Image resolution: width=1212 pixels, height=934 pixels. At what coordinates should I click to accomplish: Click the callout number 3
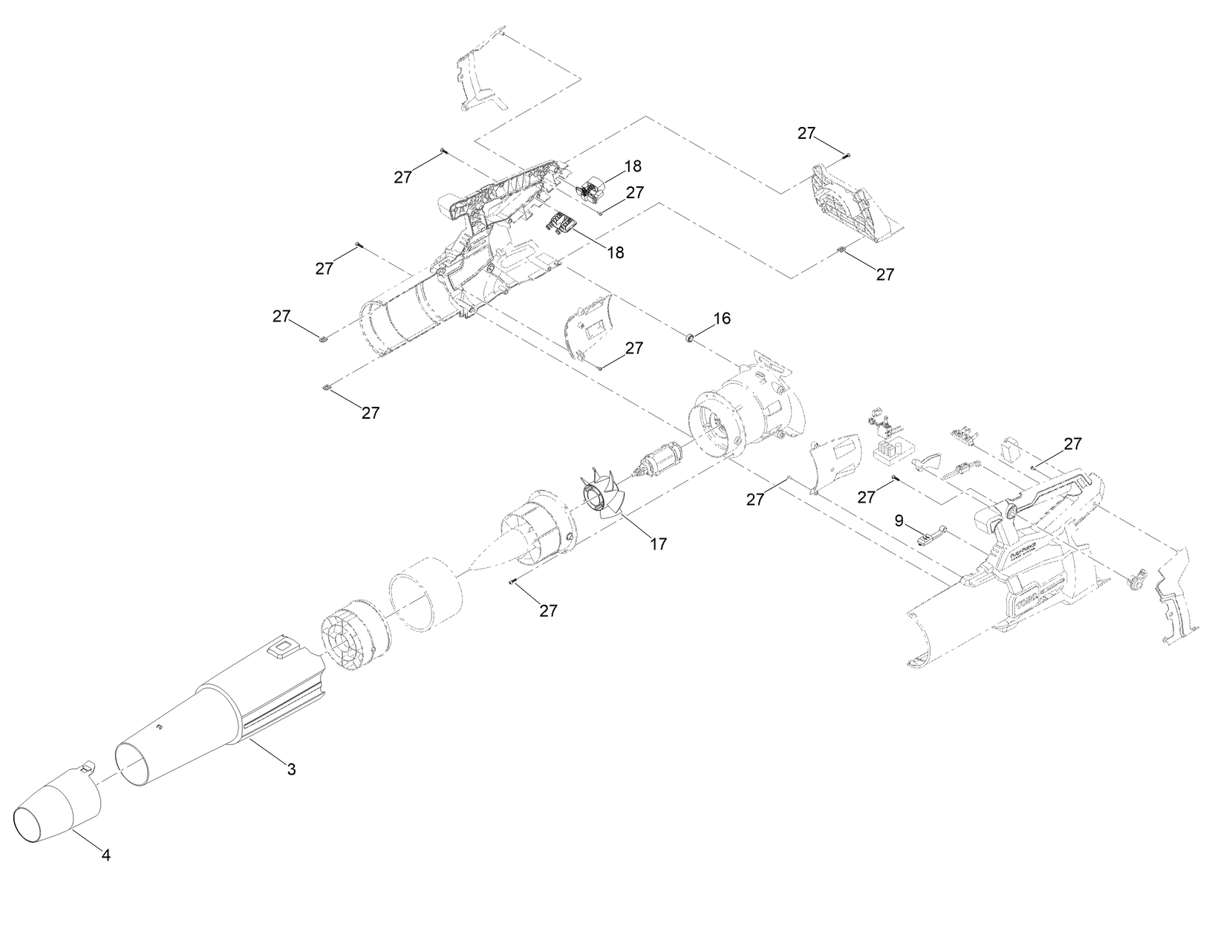292,770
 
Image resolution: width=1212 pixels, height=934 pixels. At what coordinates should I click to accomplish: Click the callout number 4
105,855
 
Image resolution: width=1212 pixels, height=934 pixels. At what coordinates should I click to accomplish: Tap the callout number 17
658,544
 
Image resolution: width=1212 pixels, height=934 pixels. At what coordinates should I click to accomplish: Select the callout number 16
722,319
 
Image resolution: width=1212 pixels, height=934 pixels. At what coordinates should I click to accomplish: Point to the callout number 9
899,520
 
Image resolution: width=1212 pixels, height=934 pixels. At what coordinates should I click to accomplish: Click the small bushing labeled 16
690,339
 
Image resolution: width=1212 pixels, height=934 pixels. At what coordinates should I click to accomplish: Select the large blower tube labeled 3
223,713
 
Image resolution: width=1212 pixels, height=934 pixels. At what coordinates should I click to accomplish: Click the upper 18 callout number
633,166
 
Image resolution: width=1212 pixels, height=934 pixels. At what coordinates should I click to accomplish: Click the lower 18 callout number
615,252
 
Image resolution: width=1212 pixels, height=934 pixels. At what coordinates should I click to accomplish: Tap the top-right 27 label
807,133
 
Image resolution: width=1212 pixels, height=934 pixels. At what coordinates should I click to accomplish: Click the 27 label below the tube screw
547,610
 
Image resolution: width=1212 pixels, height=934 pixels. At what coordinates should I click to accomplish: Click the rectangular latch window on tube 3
282,647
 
